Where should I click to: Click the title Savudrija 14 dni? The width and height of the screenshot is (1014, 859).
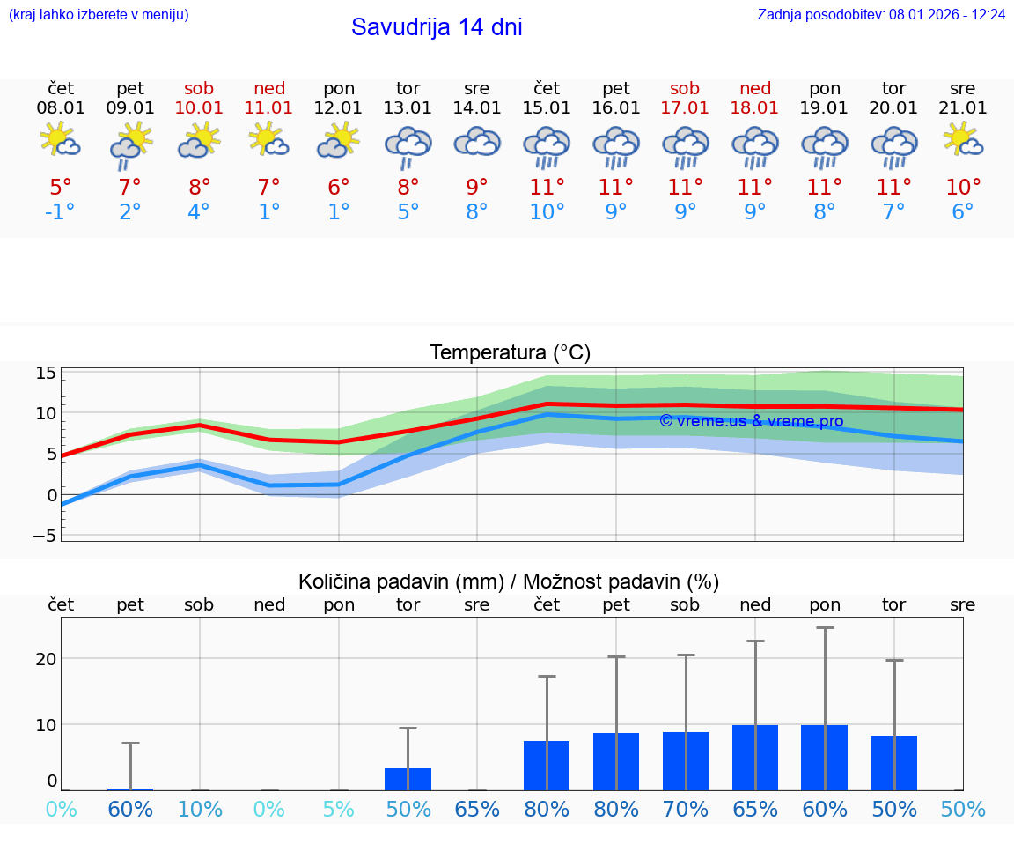pos(437,27)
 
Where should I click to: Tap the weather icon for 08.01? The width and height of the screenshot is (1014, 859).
pos(60,140)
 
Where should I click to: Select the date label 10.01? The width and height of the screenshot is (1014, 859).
pos(200,108)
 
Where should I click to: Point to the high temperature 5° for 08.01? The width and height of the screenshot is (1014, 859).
pos(61,188)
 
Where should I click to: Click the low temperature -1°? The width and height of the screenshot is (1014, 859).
pos(61,212)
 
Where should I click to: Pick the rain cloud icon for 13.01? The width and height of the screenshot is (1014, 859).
pos(408,146)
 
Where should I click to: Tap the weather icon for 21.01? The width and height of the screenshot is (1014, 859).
pos(963,140)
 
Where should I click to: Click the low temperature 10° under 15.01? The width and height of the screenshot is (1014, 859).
pos(547,212)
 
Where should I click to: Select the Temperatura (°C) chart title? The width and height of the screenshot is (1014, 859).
pos(511,353)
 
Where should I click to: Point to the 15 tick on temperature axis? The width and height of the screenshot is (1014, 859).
pos(47,373)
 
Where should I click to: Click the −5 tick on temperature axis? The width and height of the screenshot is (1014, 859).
pos(45,536)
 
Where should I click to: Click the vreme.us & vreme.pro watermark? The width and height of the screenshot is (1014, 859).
pos(751,421)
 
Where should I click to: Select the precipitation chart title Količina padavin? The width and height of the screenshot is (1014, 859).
pos(509,581)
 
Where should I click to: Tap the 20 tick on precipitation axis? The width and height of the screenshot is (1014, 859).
pos(47,659)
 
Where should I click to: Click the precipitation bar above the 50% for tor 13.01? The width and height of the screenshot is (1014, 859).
pos(408,779)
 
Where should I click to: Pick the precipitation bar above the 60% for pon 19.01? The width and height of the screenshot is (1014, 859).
pos(825,758)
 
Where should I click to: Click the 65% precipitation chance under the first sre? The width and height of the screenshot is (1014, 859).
pos(477,810)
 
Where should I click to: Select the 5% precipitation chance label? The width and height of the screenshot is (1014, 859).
pos(339,810)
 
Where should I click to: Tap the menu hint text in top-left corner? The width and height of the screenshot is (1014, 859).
pos(98,15)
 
